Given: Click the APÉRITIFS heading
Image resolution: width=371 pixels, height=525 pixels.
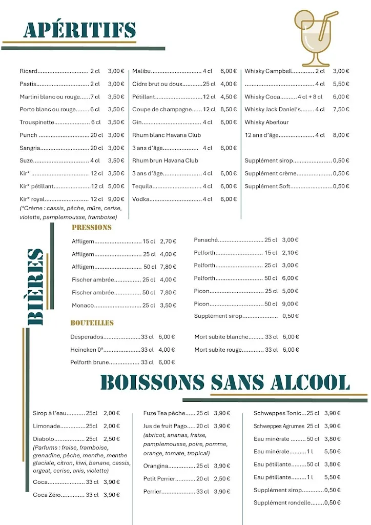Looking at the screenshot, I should click(x=79, y=30).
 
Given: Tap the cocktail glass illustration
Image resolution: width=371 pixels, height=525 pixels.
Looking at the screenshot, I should click(x=315, y=39).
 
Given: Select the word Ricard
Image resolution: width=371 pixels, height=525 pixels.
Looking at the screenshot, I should click(x=29, y=71).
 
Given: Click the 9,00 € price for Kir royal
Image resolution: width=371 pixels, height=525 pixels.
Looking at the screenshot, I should click(x=116, y=199).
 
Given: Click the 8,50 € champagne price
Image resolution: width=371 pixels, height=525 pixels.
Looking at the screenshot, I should click(x=229, y=109).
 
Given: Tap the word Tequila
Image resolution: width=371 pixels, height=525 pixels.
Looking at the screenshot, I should click(x=142, y=186).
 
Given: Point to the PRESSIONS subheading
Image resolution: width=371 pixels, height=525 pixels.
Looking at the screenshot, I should click(x=91, y=227).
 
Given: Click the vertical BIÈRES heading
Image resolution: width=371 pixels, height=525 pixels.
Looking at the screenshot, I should click(x=35, y=287).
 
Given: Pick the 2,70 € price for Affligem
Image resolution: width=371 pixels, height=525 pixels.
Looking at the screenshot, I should click(x=168, y=241).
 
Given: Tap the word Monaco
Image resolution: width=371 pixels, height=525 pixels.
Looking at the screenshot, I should click(x=83, y=305).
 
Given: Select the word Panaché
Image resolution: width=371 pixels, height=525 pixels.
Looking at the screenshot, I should click(x=206, y=239).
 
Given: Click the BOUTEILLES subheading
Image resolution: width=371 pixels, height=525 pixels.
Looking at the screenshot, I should click(x=92, y=323).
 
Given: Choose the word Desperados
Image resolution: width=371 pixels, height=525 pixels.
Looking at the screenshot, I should click(x=87, y=337).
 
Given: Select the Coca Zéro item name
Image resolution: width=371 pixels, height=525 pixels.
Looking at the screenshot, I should click(x=47, y=495).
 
